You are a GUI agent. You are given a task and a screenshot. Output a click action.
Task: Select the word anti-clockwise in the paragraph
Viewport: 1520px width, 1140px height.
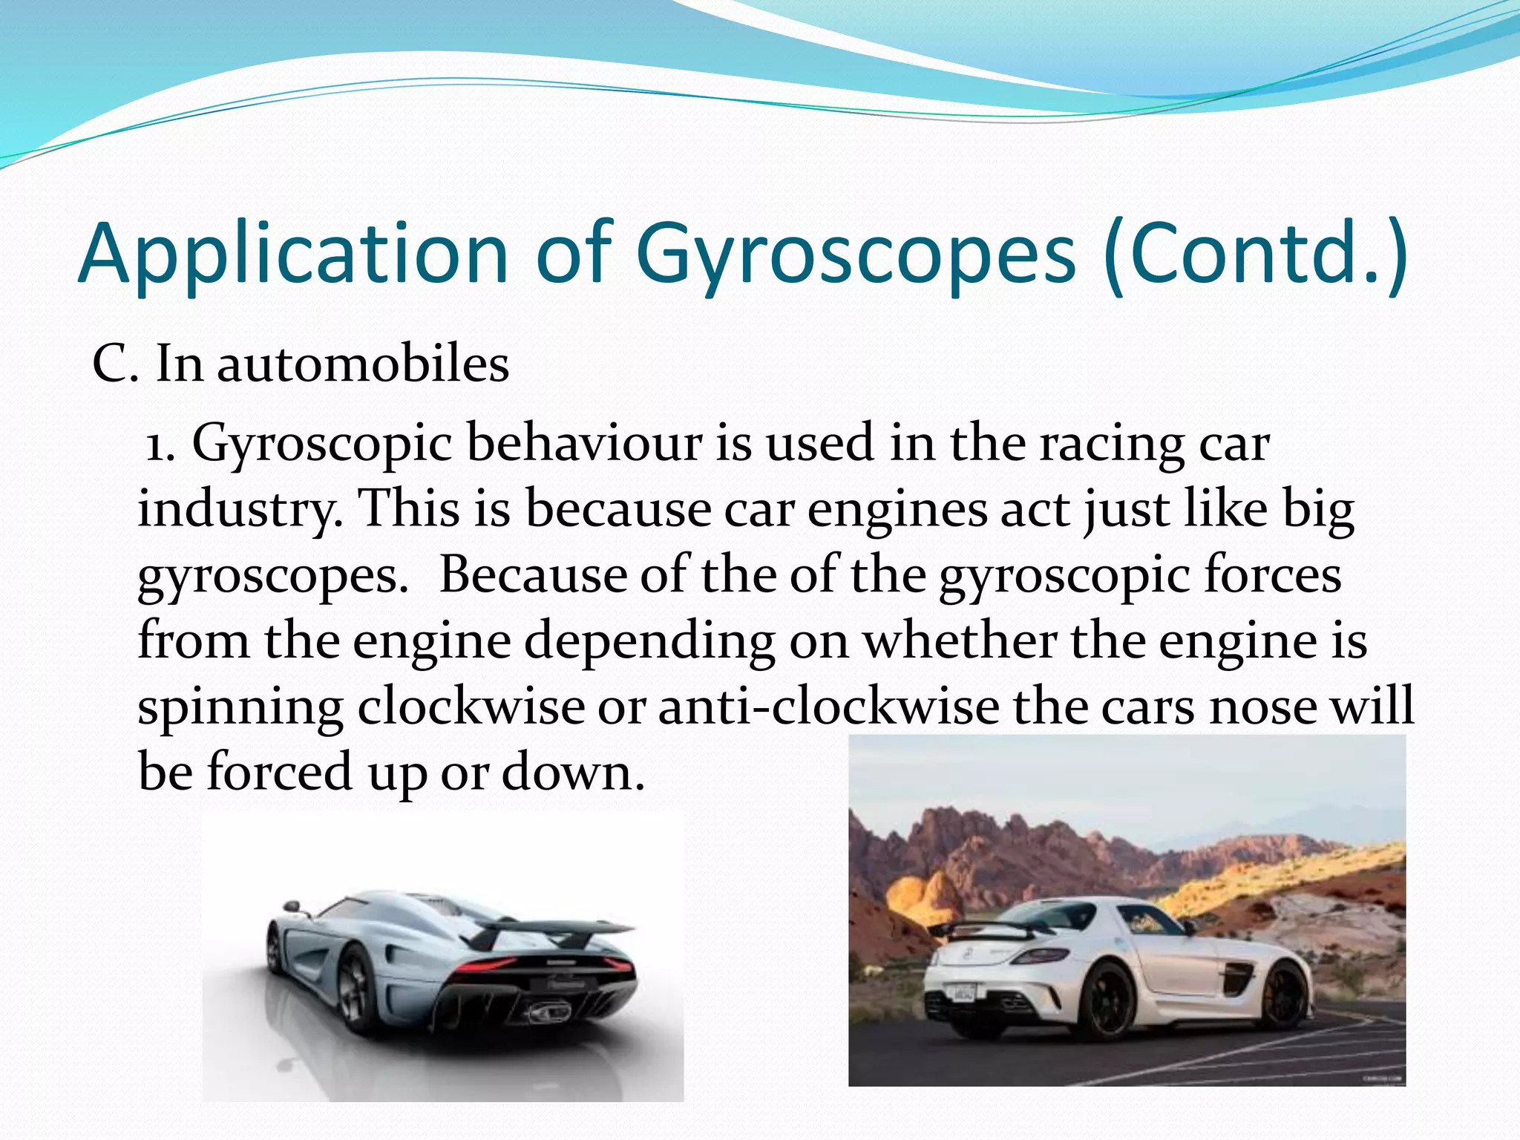coord(828,707)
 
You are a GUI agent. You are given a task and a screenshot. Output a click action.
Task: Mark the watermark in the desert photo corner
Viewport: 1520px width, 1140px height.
coord(1383,1078)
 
